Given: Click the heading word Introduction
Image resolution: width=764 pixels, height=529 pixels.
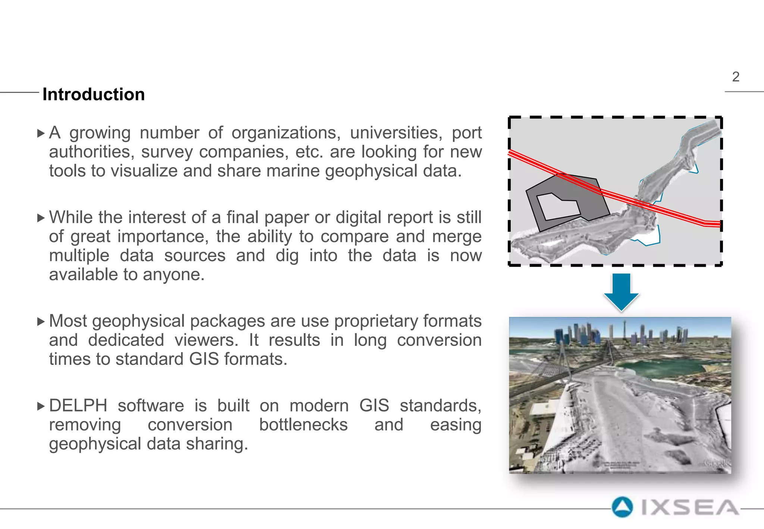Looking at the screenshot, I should [94, 94].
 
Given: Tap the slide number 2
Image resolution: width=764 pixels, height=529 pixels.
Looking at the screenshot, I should [735, 77].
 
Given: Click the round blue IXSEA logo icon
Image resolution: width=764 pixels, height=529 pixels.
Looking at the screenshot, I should [622, 507].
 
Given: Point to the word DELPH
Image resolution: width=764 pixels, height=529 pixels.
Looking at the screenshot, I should [78, 406].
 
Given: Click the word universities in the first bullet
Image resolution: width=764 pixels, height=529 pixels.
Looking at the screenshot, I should [395, 133].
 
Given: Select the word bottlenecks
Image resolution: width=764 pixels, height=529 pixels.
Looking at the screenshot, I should [303, 425].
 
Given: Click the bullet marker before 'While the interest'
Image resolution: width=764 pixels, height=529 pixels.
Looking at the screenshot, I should [41, 218].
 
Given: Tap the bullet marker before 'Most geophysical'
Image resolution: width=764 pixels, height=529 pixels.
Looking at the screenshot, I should [41, 322].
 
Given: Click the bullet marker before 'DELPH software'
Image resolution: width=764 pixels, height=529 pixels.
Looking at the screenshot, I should [41, 406].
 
